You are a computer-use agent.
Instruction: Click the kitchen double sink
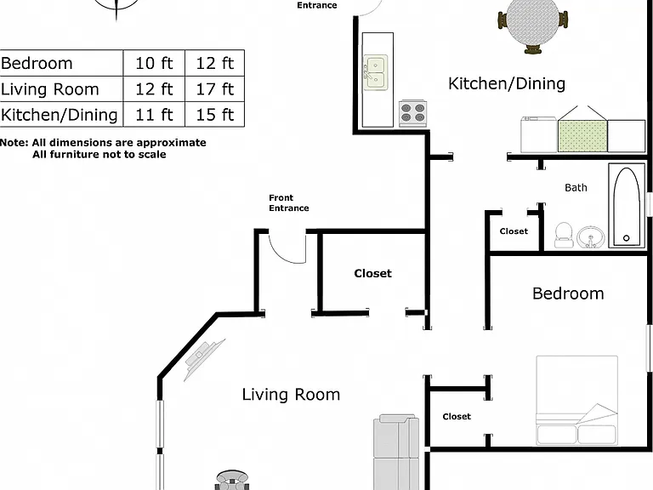point(376,72)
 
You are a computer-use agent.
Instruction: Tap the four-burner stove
point(412,113)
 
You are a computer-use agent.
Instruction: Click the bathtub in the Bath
point(627,206)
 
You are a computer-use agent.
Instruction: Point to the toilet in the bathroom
point(564,235)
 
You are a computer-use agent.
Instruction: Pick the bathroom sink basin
point(591,237)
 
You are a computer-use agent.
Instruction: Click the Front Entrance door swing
point(287,249)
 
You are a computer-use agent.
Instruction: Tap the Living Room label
point(291,394)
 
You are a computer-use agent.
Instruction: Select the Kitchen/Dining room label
point(507,83)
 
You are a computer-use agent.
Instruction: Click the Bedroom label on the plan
point(568,293)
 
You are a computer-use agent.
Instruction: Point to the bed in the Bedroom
point(576,401)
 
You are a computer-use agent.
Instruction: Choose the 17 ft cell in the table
point(215,89)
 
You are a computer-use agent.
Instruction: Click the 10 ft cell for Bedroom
point(154,63)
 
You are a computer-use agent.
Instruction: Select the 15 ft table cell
point(215,115)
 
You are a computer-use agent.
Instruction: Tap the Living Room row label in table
point(50,89)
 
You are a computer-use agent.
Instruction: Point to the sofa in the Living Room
point(396,452)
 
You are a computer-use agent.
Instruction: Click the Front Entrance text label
point(288,203)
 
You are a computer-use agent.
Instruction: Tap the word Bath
point(576,187)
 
